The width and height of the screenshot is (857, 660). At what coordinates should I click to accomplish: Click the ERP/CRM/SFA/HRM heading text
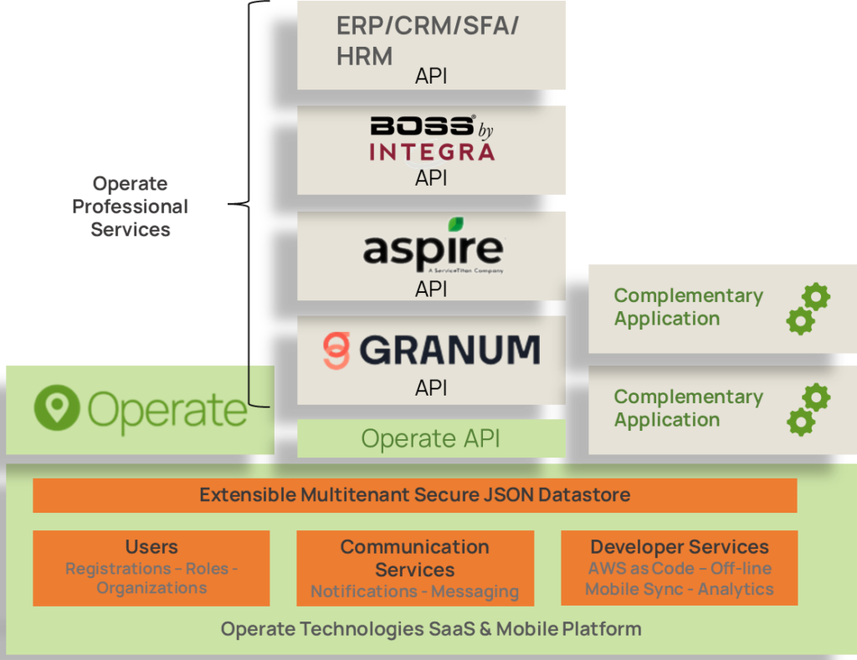[x=427, y=40]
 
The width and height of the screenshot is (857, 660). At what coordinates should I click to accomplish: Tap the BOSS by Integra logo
[x=432, y=138]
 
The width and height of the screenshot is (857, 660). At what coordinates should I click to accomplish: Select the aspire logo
[x=432, y=249]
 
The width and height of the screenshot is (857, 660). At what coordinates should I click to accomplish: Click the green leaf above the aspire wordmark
[x=455, y=224]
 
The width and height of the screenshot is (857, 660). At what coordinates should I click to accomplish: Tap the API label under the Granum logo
[x=431, y=388]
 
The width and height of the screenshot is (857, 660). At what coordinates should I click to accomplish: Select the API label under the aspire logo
[x=431, y=289]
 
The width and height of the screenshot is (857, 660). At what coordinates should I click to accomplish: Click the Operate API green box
[x=431, y=438]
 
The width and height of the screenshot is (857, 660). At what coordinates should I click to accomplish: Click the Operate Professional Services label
[x=130, y=207]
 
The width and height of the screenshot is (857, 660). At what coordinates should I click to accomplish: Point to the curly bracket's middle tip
[x=229, y=203]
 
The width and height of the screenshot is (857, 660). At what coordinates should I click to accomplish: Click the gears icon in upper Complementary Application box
[x=808, y=309]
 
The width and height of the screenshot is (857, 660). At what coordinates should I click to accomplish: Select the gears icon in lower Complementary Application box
[x=808, y=409]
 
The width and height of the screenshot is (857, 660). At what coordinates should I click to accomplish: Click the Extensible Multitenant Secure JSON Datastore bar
[x=414, y=495]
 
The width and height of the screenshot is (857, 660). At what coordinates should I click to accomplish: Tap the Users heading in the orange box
[x=151, y=547]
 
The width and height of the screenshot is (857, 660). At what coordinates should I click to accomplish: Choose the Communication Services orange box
[x=414, y=568]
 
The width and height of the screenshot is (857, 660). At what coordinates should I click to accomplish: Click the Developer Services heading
[x=679, y=547]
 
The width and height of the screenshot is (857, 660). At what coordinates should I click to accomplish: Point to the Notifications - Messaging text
[x=414, y=591]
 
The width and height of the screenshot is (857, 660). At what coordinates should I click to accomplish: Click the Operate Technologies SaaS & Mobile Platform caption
[x=430, y=629]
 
